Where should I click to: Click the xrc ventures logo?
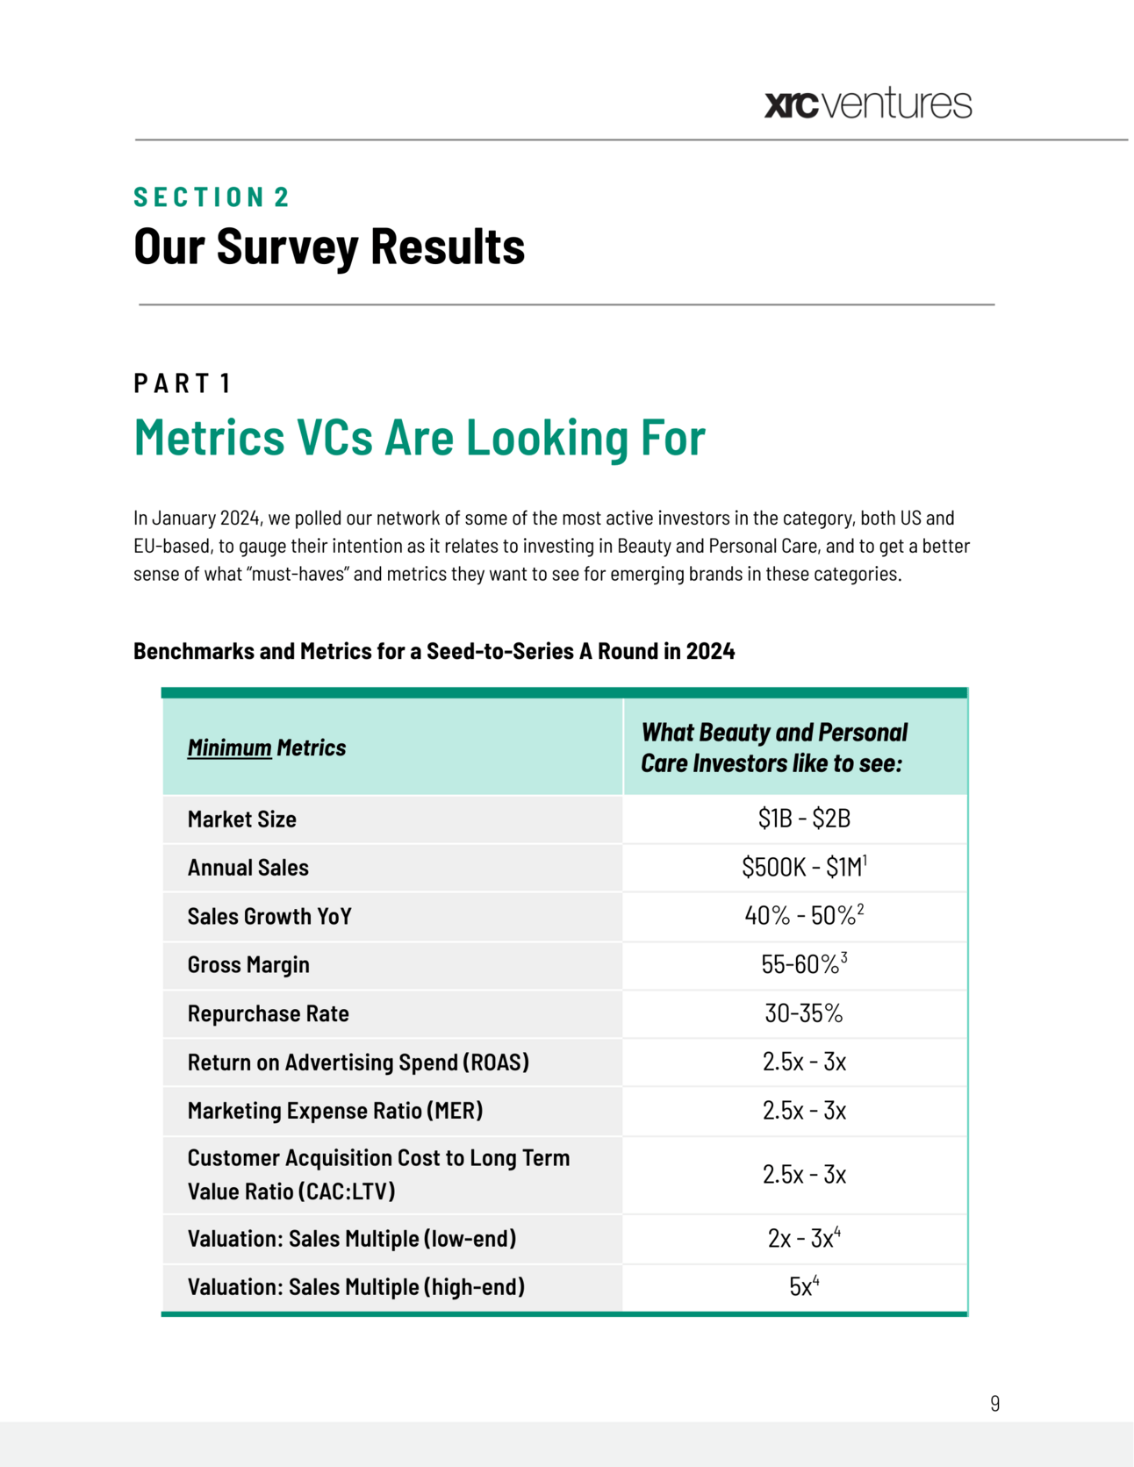868,104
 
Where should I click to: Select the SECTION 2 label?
212,197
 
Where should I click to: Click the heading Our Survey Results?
329,247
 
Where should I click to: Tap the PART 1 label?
183,383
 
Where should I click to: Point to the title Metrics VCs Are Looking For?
420,437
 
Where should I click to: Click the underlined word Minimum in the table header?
229,748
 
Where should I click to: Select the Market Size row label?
242,819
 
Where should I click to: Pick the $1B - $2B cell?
804,819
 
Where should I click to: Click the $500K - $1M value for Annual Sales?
803,868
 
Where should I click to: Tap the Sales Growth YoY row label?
269,917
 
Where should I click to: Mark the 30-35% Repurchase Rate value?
803,1013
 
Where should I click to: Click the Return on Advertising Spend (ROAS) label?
358,1063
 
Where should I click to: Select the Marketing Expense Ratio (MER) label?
335,1111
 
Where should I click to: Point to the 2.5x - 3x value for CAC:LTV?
804,1175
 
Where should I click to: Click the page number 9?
994,1403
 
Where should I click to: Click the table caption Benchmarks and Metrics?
434,651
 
